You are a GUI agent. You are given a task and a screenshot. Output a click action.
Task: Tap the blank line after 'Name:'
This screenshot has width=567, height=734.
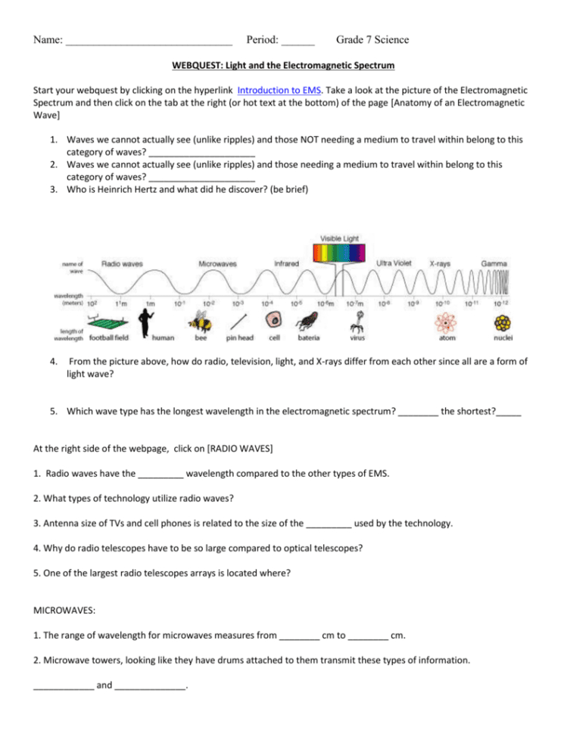[x=148, y=41]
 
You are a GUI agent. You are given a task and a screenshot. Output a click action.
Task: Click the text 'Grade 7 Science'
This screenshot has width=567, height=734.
[x=372, y=39]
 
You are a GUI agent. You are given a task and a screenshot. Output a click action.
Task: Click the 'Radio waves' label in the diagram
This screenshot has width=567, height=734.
[x=123, y=263]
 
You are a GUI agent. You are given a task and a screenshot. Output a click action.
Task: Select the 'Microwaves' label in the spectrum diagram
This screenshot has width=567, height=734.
[x=217, y=264]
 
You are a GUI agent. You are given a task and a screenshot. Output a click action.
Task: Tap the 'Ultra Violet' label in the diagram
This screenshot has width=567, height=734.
[x=394, y=263]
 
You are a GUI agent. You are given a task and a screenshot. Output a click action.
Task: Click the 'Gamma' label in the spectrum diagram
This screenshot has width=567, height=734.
[x=495, y=263]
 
